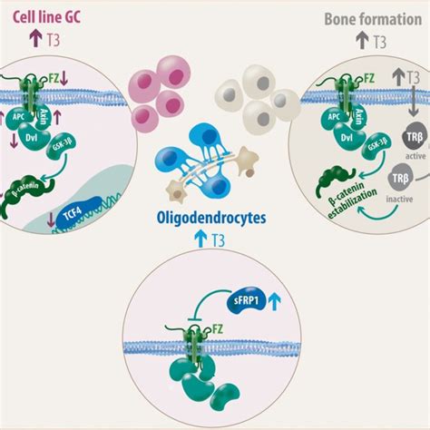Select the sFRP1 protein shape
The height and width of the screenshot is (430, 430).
coord(242,297)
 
